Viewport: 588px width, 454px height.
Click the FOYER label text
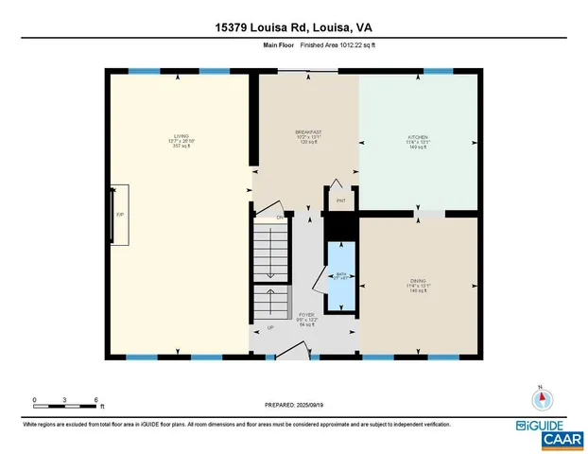(305, 318)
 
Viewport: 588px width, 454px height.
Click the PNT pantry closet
(340, 201)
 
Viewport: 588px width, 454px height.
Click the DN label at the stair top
(280, 218)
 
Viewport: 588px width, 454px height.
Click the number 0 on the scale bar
(34, 400)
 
